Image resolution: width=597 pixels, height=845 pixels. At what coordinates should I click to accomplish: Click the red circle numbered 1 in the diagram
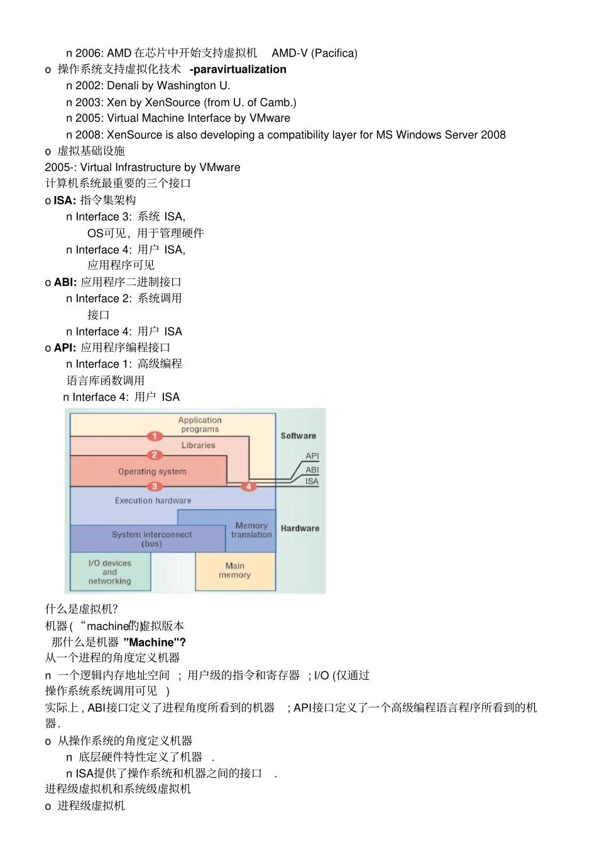[x=155, y=436]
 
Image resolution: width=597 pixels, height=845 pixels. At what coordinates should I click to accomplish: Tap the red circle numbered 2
[x=155, y=455]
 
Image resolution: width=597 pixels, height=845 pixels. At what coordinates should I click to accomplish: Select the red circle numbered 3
[x=155, y=486]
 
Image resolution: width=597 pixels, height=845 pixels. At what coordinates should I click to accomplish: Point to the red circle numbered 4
[x=249, y=486]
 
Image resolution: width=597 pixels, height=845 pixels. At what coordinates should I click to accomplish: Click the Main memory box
[x=235, y=570]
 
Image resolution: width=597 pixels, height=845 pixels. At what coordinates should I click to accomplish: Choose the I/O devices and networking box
[x=110, y=572]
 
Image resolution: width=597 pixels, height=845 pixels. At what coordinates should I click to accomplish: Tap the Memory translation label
[x=251, y=530]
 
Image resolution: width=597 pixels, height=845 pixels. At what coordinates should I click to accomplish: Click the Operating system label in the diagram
[x=152, y=471]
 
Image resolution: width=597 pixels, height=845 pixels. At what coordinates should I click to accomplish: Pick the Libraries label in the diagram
[x=198, y=445]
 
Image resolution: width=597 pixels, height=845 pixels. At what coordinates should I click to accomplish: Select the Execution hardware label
[x=153, y=501]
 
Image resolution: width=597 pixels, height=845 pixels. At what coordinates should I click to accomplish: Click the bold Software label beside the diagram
[x=298, y=435]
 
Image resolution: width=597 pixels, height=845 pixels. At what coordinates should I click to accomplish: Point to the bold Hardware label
[x=300, y=528]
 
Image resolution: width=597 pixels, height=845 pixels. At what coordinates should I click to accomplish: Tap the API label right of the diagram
[x=312, y=456]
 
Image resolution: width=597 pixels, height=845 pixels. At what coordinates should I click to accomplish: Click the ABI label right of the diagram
[x=312, y=469]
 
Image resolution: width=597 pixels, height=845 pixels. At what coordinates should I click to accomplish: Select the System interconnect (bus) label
[x=151, y=538]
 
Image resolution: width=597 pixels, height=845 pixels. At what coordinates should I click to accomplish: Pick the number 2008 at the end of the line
[x=493, y=134]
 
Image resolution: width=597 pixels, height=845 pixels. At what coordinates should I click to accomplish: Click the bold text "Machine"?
[x=155, y=642]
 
